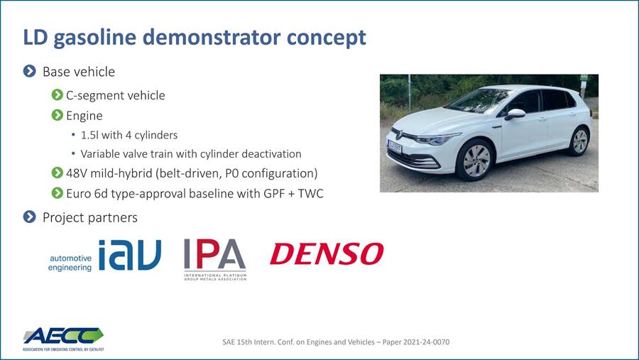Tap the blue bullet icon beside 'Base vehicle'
pos(30,72)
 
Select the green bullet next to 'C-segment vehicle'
pos(58,95)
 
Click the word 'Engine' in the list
pos(84,116)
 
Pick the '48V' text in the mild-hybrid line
pos(77,173)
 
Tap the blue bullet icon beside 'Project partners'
pos(30,217)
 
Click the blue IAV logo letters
pos(129,255)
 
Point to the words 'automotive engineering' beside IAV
pos(70,263)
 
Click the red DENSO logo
pos(327,253)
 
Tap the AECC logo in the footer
pos(62,337)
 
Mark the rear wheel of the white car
pos(579,141)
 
